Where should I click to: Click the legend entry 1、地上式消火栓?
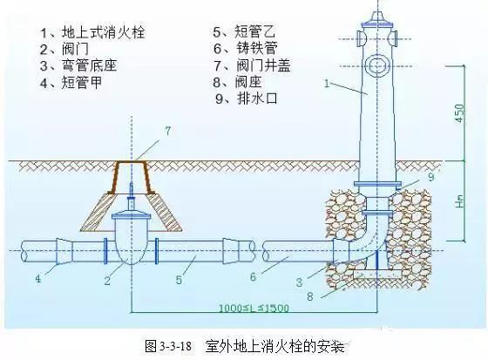92,32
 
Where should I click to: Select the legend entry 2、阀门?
64,49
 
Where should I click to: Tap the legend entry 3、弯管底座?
78,65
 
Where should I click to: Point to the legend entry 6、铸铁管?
245,48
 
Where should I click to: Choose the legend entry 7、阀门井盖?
252,65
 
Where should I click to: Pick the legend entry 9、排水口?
246,98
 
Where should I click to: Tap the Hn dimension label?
460,201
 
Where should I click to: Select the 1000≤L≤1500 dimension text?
254,309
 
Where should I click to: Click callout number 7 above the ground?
168,131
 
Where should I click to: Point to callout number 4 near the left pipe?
38,278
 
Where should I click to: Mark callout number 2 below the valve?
107,281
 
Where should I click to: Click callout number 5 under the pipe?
179,279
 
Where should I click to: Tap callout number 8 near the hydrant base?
310,296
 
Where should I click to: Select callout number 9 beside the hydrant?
431,177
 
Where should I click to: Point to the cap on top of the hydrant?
376,18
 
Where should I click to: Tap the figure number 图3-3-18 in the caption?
168,346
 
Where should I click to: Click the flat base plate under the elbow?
377,274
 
